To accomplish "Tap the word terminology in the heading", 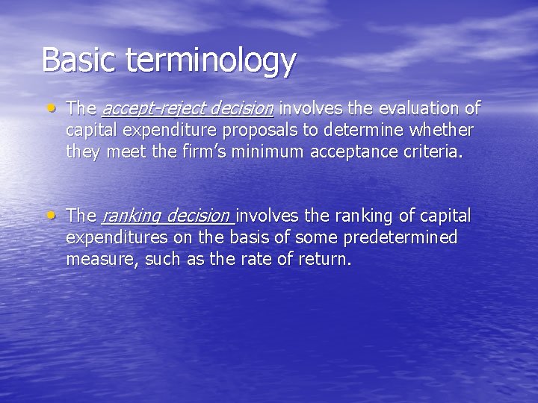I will point(211,61).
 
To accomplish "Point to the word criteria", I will point(436,152).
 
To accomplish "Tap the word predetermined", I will point(397,237).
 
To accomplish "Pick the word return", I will point(325,260).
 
